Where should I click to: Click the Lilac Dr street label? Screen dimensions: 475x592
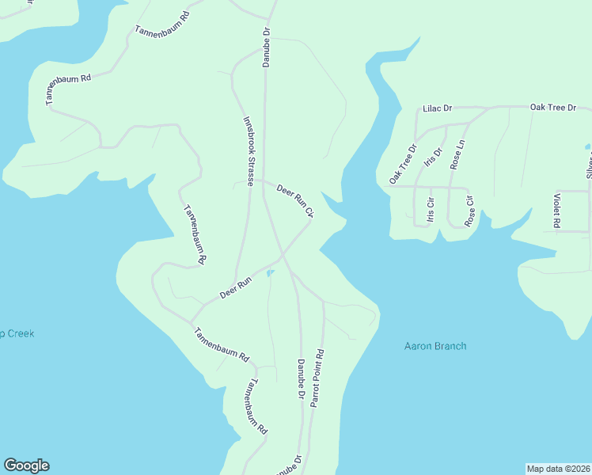437,108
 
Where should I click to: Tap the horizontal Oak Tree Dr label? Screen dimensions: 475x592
553,107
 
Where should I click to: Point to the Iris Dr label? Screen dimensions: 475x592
433,158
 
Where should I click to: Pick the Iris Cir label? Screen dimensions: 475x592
431,207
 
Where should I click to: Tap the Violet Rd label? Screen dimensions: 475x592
557,211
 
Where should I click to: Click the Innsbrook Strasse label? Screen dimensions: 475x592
249,151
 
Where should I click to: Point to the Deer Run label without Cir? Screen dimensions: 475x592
236,287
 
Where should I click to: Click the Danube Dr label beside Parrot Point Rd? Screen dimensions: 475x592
302,378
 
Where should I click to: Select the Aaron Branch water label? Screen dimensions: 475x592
435,346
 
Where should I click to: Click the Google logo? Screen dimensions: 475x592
26,465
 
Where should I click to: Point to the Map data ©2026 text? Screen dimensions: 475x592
558,468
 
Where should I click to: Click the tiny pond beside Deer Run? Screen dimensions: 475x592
271,274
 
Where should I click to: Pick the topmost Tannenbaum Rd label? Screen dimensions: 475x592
163,24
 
